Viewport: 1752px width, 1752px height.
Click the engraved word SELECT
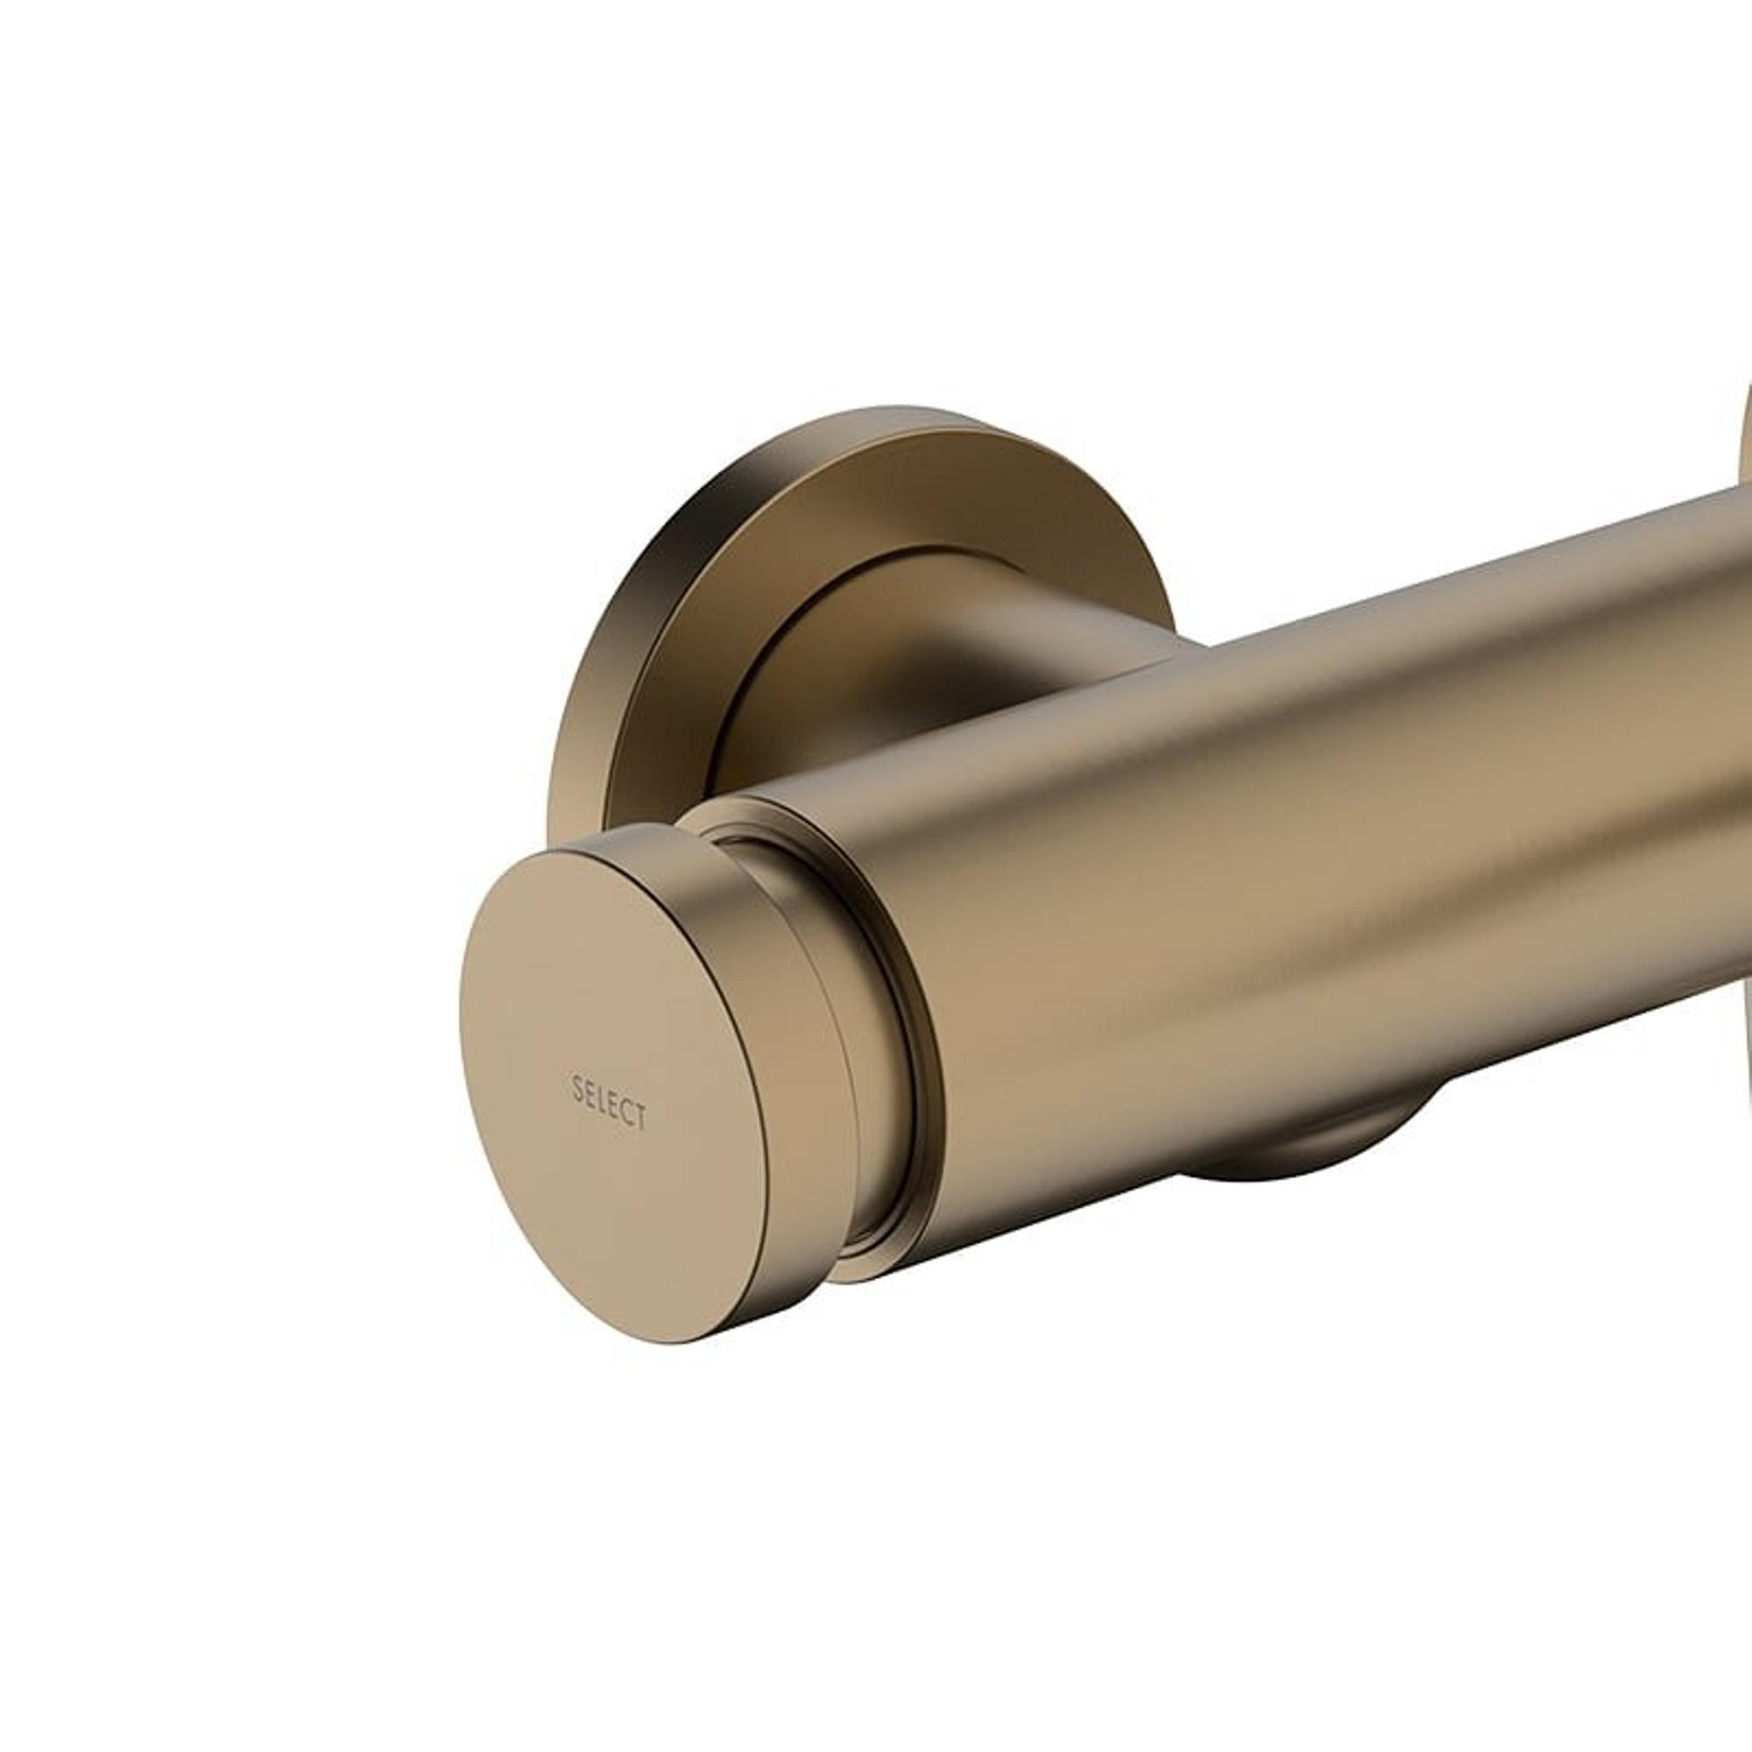coord(610,1102)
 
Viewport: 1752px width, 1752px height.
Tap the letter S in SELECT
coord(577,1086)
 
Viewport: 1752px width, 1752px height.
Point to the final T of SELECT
coord(640,1117)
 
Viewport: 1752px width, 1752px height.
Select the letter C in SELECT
coord(627,1111)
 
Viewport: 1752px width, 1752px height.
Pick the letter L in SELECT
coord(602,1099)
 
